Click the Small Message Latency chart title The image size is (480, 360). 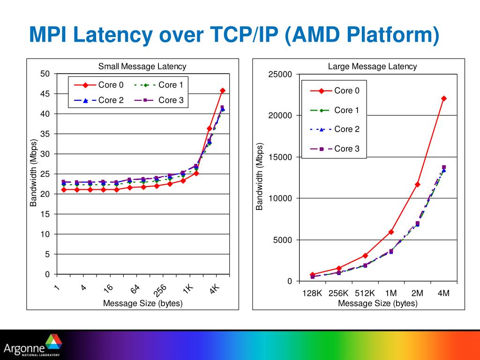142,67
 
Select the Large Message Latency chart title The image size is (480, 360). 372,67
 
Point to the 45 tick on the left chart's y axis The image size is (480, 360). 45,94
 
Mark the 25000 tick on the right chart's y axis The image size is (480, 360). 280,75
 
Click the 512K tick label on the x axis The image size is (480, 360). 365,293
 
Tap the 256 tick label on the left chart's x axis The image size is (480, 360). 160,291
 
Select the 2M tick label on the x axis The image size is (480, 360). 417,293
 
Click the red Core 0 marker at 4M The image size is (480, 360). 444,98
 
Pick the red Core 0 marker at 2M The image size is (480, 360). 418,184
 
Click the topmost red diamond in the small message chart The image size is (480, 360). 223,90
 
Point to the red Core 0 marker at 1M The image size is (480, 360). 391,232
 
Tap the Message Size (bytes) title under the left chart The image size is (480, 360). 142,303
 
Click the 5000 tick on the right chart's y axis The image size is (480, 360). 283,240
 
